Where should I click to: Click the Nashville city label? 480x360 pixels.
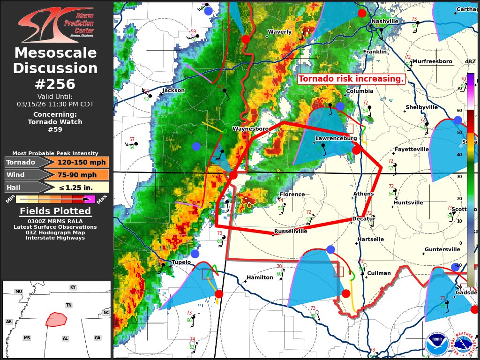385,21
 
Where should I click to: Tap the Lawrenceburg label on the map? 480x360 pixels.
336,138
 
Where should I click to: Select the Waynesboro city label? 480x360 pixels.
250,128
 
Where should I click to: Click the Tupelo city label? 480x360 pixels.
181,262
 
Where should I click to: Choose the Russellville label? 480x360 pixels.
291,231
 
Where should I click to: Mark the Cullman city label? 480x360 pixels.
379,273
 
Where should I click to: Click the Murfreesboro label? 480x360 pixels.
432,61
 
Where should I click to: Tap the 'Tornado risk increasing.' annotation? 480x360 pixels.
351,79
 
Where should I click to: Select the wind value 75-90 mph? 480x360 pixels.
77,175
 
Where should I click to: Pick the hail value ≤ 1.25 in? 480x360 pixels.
77,187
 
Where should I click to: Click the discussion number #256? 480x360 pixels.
55,84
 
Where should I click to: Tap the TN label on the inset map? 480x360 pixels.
68,305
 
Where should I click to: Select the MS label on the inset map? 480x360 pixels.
27,337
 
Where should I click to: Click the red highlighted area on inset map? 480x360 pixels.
56,320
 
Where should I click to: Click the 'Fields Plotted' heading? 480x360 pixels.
55,211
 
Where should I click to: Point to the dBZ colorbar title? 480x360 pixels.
470,61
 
